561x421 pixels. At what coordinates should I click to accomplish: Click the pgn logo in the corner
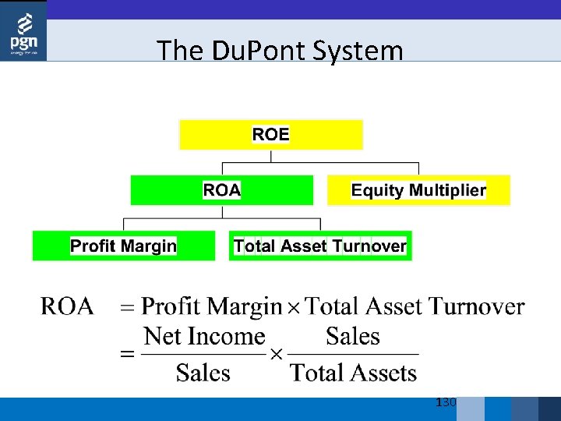pyautogui.click(x=23, y=31)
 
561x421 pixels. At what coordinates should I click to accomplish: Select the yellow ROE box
pyautogui.click(x=270, y=134)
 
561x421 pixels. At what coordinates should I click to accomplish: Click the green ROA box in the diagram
pyautogui.click(x=221, y=190)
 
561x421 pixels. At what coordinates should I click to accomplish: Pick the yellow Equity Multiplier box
pyautogui.click(x=418, y=190)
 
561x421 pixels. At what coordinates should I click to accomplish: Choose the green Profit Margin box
pyautogui.click(x=123, y=246)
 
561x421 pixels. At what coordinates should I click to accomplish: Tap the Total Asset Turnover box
pyautogui.click(x=320, y=246)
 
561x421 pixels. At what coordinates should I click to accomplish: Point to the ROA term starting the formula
pyautogui.click(x=67, y=306)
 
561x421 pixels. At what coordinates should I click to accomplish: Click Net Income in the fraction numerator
pyautogui.click(x=205, y=337)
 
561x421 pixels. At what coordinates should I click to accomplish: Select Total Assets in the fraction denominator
pyautogui.click(x=354, y=373)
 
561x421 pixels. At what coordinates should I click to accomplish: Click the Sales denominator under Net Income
pyautogui.click(x=203, y=373)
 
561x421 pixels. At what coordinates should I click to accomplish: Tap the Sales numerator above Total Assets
pyautogui.click(x=353, y=337)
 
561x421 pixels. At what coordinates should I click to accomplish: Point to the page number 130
pyautogui.click(x=446, y=402)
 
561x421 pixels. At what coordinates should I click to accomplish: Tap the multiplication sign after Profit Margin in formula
pyautogui.click(x=294, y=308)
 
